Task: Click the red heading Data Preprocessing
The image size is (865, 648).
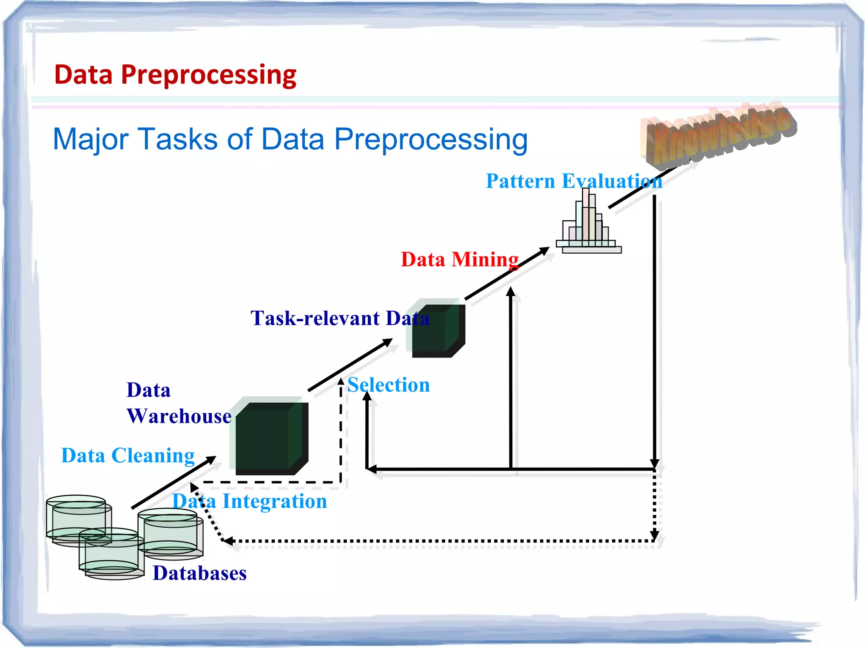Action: click(x=175, y=75)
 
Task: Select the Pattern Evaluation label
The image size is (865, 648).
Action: click(x=573, y=181)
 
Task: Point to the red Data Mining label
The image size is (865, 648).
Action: click(x=459, y=259)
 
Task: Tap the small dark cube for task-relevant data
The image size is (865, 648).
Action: click(x=438, y=330)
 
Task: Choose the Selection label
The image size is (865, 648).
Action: click(x=389, y=385)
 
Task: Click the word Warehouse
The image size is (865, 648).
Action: click(x=179, y=416)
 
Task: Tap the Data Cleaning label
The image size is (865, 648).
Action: click(x=128, y=455)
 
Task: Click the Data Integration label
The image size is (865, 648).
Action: click(x=250, y=502)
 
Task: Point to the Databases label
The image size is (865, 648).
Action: click(x=199, y=573)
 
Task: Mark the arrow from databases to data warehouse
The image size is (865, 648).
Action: click(x=173, y=483)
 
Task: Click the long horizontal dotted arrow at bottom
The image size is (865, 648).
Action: click(x=439, y=541)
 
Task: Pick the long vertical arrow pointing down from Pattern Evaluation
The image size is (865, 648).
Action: click(x=654, y=329)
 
